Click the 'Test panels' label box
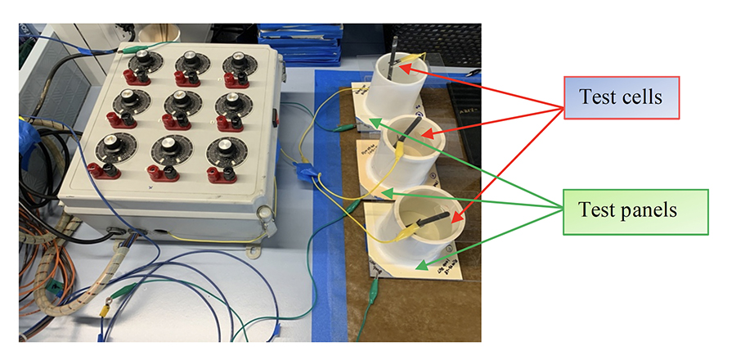(x=626, y=211)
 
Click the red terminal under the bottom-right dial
(x=217, y=173)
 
